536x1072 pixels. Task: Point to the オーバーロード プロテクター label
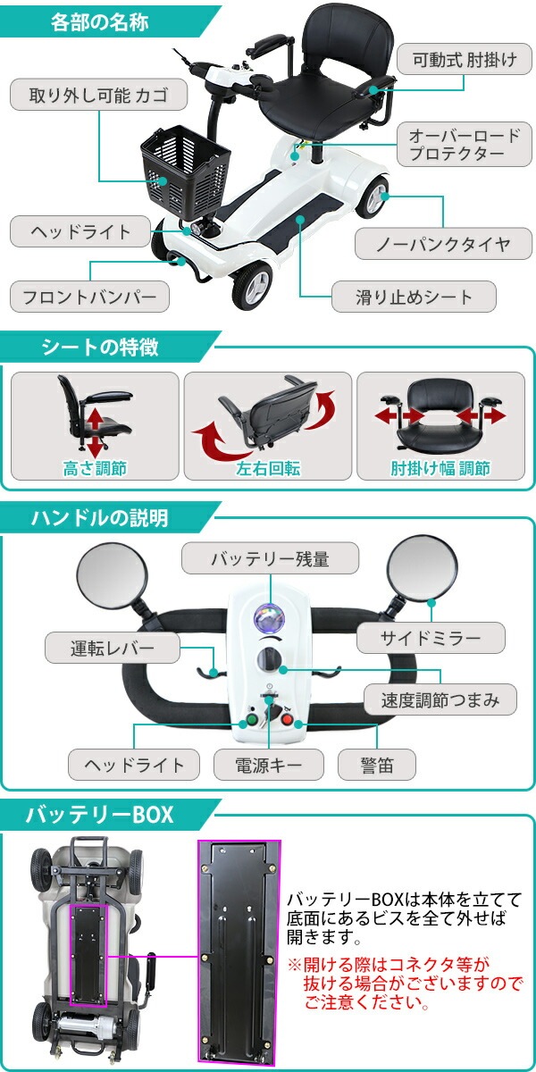pyautogui.click(x=463, y=145)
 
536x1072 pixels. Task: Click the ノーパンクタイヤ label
pyautogui.click(x=432, y=243)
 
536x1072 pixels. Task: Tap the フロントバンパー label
pyautogui.click(x=89, y=295)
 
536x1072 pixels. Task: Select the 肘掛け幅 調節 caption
pyautogui.click(x=440, y=468)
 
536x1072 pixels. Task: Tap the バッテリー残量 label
pyautogui.click(x=270, y=560)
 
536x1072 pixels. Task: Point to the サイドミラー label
pyautogui.click(x=431, y=638)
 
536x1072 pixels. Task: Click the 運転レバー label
pyautogui.click(x=113, y=647)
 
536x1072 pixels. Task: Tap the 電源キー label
pyautogui.click(x=269, y=764)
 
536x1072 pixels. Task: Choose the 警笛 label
pyautogui.click(x=377, y=764)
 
